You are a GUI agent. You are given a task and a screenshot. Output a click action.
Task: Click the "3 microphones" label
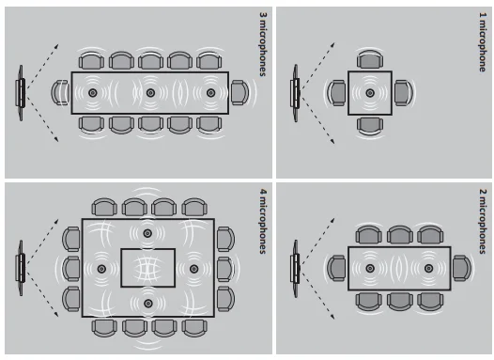point(263,44)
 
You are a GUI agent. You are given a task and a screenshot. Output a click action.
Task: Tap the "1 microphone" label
point(483,42)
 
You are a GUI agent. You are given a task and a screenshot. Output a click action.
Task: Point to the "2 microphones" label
point(483,221)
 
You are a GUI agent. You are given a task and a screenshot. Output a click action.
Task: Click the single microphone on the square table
point(370,93)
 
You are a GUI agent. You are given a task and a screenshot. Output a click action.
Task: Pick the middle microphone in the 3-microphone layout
point(150,93)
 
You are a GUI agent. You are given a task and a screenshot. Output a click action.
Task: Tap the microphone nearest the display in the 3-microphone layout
point(93,93)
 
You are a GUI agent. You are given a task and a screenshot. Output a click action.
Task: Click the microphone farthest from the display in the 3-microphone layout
point(210,93)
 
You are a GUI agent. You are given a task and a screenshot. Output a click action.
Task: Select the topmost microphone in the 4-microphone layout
point(147,233)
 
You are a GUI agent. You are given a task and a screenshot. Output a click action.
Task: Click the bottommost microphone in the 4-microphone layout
point(148,304)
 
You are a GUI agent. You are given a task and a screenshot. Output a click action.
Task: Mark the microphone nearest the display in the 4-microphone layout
point(101,269)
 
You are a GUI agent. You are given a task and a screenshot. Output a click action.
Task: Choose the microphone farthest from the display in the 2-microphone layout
point(428,268)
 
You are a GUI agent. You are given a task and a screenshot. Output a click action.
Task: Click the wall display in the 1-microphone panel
point(296,93)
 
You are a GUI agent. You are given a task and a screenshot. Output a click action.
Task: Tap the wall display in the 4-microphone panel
point(21,268)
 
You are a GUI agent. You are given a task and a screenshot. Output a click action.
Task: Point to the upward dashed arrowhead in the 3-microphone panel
point(56,46)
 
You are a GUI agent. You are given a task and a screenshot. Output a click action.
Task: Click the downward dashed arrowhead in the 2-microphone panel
point(332,316)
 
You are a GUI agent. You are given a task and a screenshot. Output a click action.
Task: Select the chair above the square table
point(370,59)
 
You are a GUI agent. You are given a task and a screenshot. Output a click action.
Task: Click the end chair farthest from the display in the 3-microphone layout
point(239,93)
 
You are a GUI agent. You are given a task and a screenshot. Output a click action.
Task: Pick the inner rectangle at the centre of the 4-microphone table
point(148,268)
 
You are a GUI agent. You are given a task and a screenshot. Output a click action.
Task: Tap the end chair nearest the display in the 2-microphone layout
point(336,268)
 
